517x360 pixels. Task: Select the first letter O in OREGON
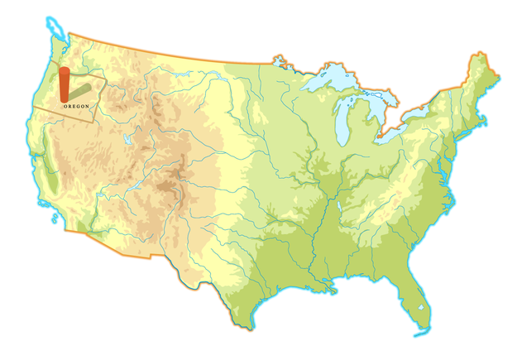click(x=64, y=106)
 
